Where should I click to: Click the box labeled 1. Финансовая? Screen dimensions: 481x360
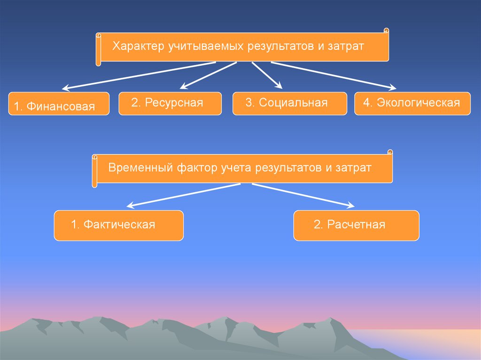click(x=59, y=104)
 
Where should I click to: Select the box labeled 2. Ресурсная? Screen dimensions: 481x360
click(x=170, y=103)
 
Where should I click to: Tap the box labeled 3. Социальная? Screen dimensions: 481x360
click(x=289, y=103)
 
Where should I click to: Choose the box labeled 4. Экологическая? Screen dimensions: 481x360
click(x=412, y=103)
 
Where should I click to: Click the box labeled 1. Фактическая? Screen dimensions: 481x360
click(x=118, y=225)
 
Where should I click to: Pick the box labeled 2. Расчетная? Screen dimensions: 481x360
click(x=356, y=225)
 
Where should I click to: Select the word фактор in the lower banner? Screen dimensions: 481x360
click(x=194, y=168)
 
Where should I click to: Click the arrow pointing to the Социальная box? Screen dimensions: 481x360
click(x=266, y=75)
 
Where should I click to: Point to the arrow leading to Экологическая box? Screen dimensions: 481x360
click(x=334, y=75)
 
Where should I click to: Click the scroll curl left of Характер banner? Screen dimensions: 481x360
click(x=99, y=49)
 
